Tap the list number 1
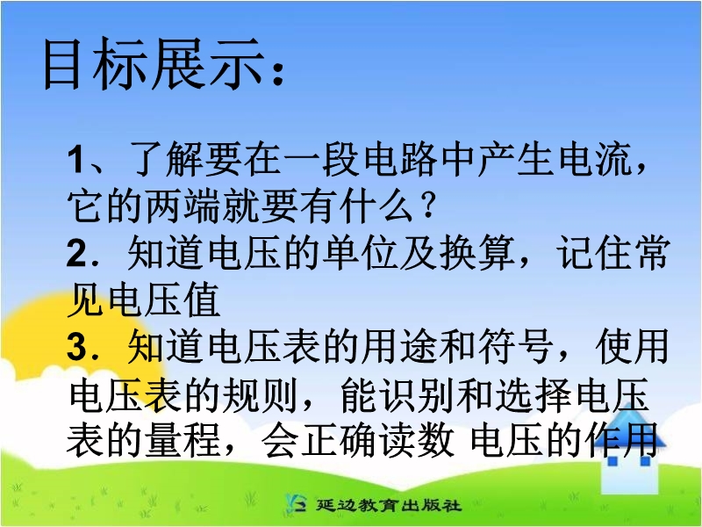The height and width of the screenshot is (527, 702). [75, 160]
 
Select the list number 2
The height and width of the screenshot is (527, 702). [76, 253]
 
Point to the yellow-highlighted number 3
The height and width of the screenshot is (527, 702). [76, 347]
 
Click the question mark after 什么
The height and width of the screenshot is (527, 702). [428, 206]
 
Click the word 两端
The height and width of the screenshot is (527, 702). [183, 206]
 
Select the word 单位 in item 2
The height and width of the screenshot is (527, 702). [362, 253]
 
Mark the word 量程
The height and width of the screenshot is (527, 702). [183, 441]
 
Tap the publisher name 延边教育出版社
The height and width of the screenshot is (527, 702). [389, 505]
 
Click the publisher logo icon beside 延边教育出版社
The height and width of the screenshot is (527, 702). [296, 503]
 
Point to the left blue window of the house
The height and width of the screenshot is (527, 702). [612, 460]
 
